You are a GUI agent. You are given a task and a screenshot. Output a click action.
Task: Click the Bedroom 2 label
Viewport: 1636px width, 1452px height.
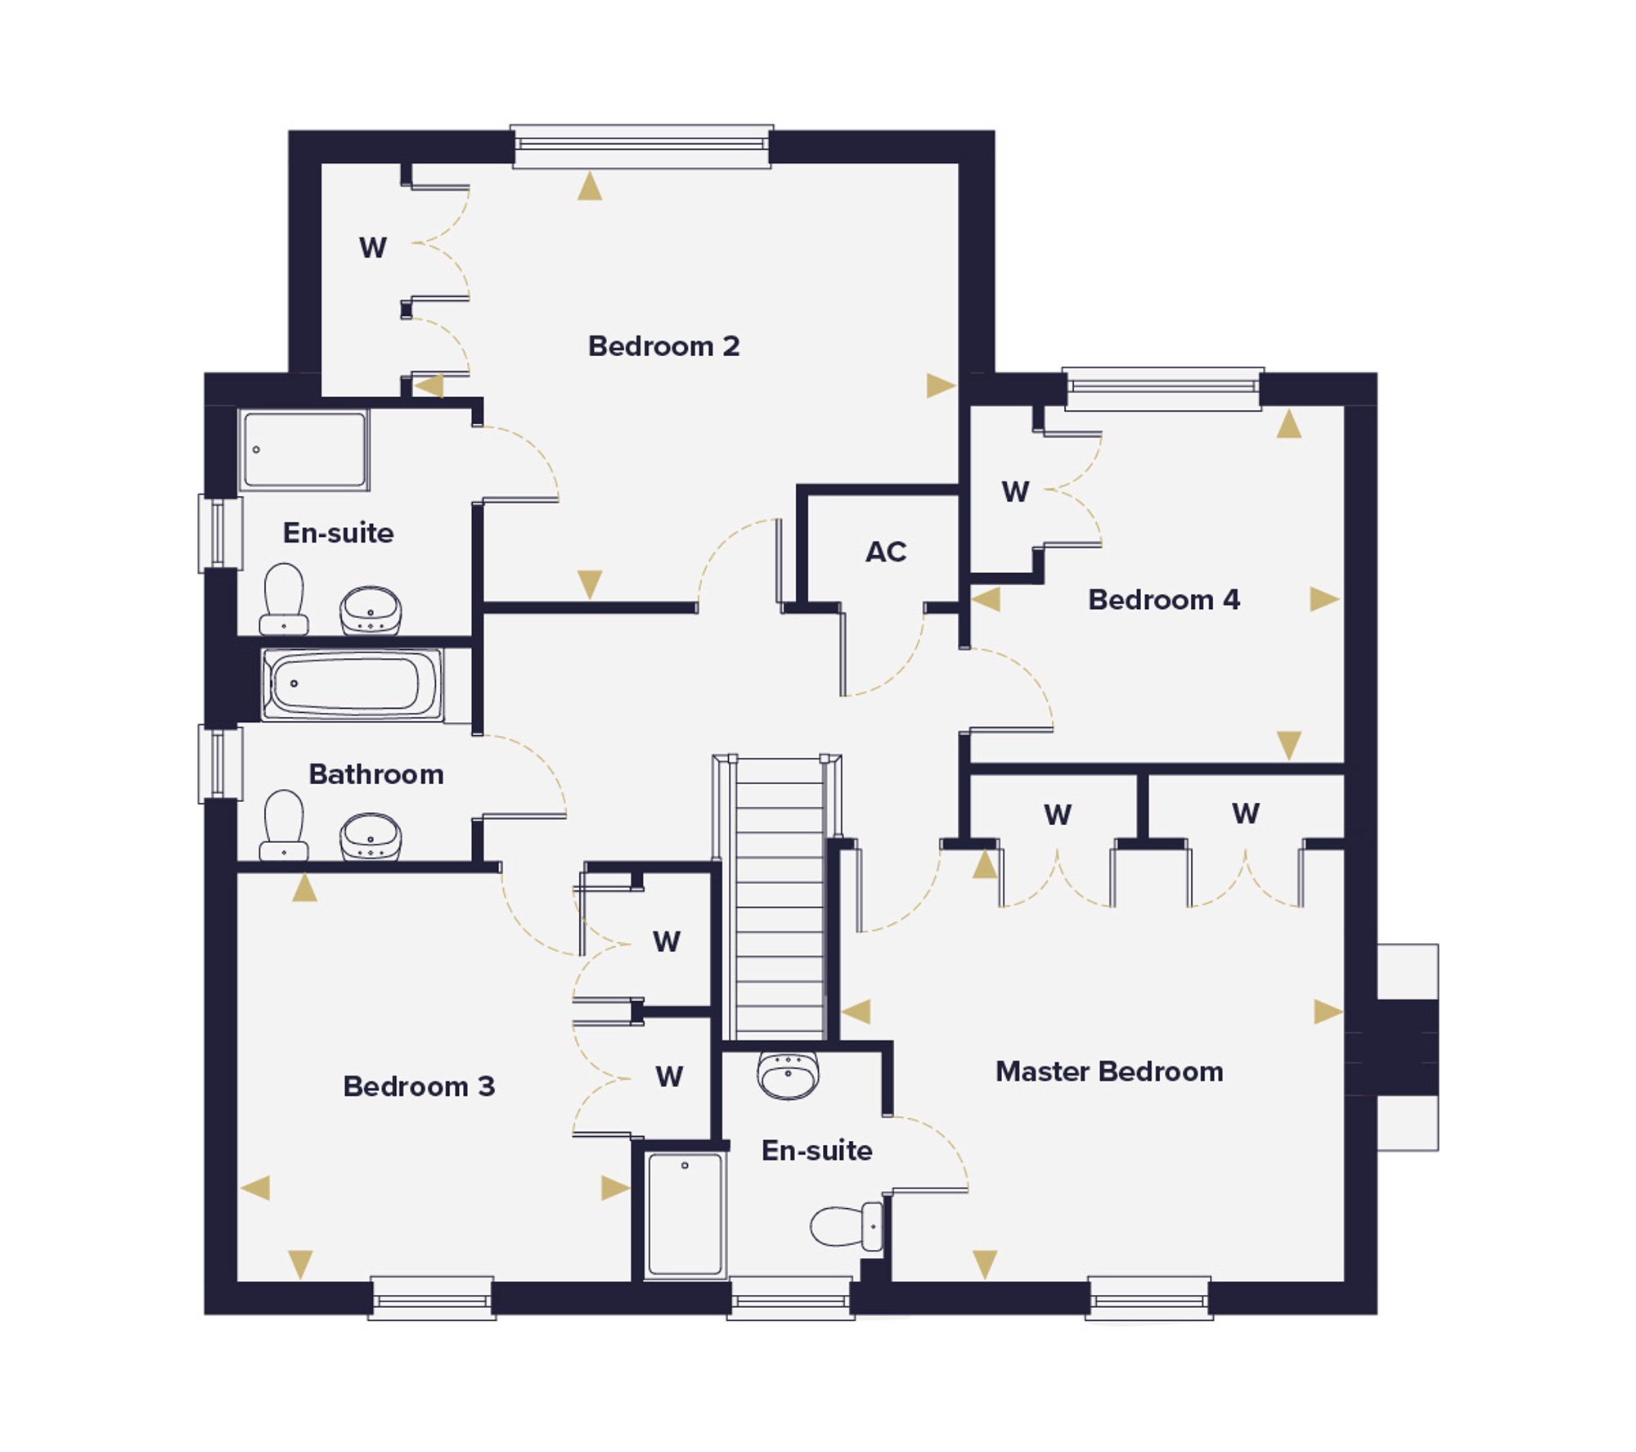pos(663,346)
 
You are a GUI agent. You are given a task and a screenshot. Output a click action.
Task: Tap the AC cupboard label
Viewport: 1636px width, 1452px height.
pos(886,552)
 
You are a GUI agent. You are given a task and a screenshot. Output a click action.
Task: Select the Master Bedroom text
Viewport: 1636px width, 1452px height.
pos(1109,1071)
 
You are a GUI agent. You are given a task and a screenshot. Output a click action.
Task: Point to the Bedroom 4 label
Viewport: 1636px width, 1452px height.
pos(1164,600)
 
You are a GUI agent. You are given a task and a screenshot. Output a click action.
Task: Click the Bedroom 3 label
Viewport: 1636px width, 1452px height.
pos(419,1086)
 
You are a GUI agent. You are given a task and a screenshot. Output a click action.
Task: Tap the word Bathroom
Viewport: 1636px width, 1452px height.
pos(376,774)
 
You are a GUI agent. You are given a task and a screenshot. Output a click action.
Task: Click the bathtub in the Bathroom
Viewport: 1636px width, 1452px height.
pos(352,684)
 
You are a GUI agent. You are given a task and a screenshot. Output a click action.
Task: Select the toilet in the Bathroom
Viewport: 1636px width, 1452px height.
pos(283,826)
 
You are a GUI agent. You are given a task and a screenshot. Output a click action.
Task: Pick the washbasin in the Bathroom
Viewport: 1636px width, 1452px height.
pos(371,836)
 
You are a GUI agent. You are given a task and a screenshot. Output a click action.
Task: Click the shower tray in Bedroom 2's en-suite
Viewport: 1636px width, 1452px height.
pos(304,449)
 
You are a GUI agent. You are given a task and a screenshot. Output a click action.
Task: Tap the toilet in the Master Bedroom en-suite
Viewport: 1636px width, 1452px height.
pos(847,1226)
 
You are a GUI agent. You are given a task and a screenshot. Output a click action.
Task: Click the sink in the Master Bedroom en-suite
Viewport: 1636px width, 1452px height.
pos(788,1075)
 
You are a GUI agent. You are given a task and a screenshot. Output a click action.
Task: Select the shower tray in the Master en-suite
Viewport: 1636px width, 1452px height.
pos(685,1214)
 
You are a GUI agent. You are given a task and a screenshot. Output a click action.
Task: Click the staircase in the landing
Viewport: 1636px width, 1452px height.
pos(780,897)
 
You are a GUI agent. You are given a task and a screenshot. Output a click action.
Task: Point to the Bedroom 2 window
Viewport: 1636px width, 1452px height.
pos(641,147)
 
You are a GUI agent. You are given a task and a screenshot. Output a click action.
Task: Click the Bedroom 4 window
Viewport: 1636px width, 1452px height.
pos(1163,388)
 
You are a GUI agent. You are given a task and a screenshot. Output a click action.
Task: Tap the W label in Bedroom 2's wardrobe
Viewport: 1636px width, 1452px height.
pos(373,247)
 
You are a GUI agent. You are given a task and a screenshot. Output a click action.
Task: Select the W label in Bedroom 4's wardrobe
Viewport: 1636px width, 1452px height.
pos(1016,491)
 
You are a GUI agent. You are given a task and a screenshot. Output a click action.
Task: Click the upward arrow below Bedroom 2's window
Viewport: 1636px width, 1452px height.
pos(590,186)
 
